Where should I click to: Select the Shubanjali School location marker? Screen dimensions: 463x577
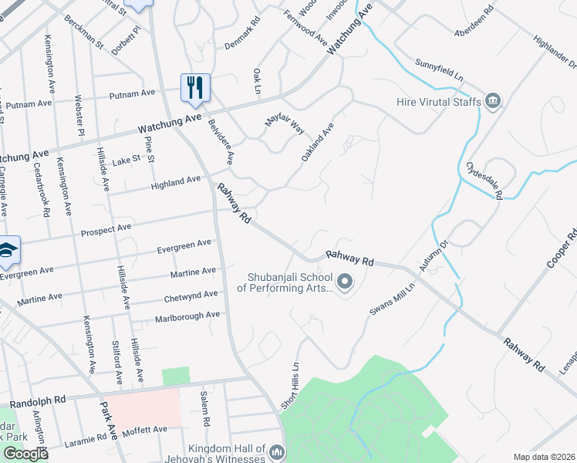tap(345, 283)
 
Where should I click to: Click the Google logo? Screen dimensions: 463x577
tap(25, 454)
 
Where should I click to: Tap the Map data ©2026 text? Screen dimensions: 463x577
tap(545, 457)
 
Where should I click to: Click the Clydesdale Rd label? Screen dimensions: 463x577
tap(484, 181)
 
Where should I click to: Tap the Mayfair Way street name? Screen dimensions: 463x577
tap(285, 123)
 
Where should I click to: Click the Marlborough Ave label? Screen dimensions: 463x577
tap(187, 316)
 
